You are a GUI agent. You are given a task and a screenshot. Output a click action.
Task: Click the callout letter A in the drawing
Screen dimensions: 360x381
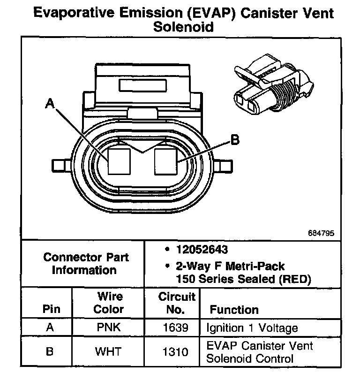pyautogui.click(x=48, y=103)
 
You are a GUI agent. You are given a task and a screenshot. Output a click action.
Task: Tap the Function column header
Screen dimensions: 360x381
pyautogui.click(x=234, y=310)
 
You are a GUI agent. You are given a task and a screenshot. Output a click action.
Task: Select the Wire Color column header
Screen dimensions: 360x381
pyautogui.click(x=108, y=303)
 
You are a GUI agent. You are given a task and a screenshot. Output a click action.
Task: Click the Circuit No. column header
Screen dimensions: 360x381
pyautogui.click(x=176, y=303)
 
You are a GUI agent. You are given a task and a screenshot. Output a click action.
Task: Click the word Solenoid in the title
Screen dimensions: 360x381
pyautogui.click(x=183, y=27)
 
